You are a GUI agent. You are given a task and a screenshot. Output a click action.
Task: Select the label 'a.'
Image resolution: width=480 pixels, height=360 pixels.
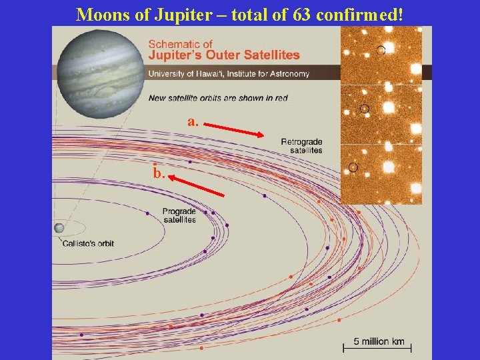coord(193,121)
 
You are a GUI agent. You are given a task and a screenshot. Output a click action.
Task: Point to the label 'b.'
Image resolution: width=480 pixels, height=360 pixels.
coord(158,173)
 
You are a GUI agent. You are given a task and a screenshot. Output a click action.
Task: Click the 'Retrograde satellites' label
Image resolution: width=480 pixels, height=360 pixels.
coord(301,146)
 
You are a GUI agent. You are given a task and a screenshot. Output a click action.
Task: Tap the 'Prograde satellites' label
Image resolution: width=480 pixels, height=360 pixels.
coord(179,215)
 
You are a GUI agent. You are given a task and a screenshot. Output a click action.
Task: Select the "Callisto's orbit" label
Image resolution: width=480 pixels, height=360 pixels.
coord(88,243)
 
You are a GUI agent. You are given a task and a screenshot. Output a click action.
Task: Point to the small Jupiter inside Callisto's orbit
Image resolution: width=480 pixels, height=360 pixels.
coord(59,228)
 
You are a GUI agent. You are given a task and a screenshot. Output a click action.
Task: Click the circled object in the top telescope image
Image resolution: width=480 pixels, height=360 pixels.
coord(381,50)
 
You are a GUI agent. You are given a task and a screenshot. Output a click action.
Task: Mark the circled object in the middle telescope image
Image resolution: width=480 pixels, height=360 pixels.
coord(364,108)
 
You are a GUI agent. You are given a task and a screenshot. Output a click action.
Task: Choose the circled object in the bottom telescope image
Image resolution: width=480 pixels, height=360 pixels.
coord(353,167)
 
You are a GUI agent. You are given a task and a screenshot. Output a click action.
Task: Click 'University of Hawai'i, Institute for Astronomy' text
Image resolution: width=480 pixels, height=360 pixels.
coord(229,74)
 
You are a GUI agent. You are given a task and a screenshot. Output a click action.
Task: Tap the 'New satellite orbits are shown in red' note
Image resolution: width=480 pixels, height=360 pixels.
coord(218,98)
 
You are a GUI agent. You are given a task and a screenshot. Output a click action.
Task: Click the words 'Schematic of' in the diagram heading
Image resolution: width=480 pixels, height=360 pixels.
coord(180,45)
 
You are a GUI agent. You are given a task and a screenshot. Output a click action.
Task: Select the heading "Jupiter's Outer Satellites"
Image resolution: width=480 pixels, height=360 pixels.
coord(223,55)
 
